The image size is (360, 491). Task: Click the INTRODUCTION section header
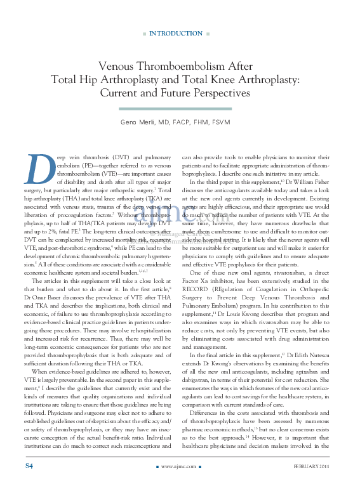click(176, 34)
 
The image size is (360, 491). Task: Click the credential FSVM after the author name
click(220, 122)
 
